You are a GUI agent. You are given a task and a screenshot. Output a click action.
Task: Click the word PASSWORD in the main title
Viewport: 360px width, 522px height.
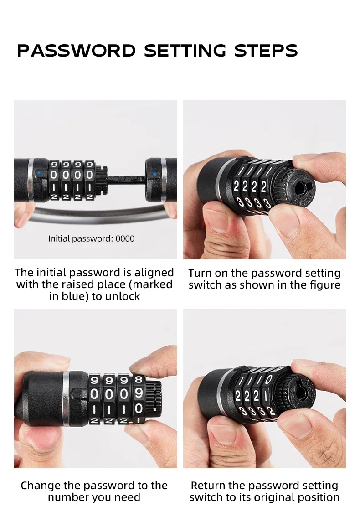pyautogui.click(x=76, y=51)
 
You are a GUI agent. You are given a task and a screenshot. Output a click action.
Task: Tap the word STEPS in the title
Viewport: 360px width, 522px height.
pyautogui.click(x=266, y=51)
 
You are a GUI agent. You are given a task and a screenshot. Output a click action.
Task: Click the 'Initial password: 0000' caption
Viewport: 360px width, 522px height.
pyautogui.click(x=92, y=239)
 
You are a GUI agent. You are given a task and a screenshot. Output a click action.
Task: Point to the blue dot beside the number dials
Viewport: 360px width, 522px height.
pyautogui.click(x=39, y=173)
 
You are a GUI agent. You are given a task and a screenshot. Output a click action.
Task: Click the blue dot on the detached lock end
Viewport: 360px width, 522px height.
pyautogui.click(x=154, y=174)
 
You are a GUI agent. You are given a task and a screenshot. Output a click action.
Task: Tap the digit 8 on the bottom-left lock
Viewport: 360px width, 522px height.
pyautogui.click(x=139, y=379)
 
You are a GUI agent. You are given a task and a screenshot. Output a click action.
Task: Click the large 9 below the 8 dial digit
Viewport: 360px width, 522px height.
pyautogui.click(x=139, y=393)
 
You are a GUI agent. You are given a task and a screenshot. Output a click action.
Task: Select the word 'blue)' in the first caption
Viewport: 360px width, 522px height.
pyautogui.click(x=75, y=296)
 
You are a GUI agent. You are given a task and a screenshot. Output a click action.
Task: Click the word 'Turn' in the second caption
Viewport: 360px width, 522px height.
pyautogui.click(x=200, y=273)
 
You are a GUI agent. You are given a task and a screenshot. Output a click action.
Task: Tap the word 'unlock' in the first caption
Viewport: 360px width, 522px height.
pyautogui.click(x=122, y=296)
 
